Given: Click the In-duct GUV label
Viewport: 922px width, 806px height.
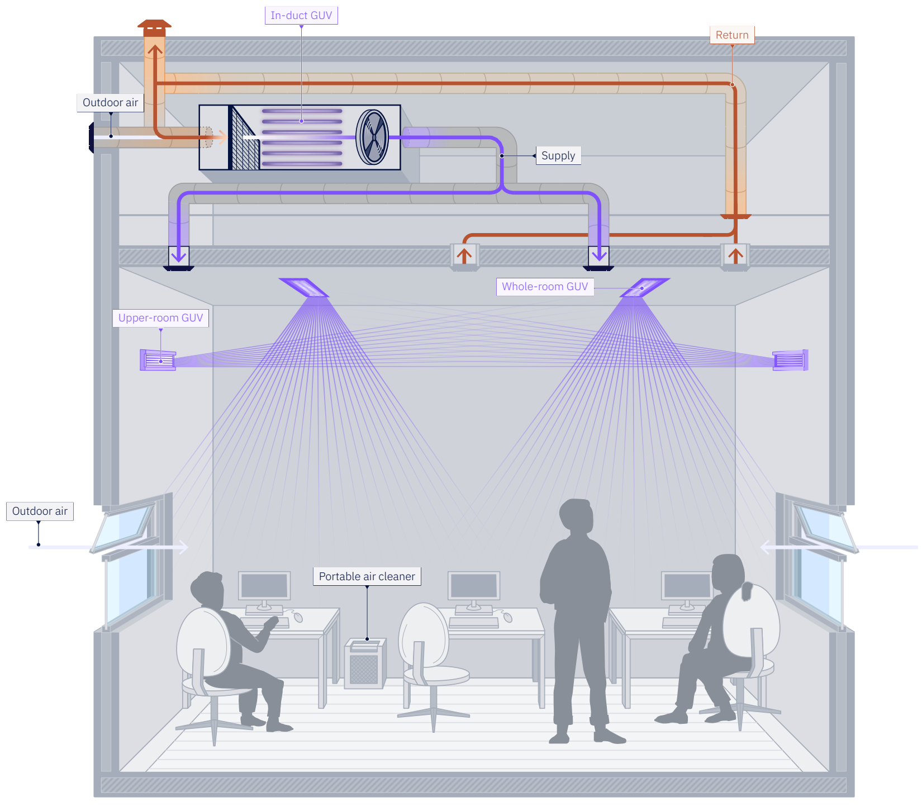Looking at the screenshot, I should coord(301,16).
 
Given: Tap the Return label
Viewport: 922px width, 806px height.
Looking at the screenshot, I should coord(731,35).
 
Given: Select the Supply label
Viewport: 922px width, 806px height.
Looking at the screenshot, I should coord(558,156).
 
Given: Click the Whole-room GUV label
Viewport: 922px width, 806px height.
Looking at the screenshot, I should coord(544,287).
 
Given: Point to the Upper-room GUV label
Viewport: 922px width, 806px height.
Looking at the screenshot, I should coord(160,318).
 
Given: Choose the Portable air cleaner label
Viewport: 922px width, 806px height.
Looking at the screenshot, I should coord(367,577).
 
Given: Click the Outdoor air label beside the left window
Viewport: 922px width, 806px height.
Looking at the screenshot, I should coord(40,511).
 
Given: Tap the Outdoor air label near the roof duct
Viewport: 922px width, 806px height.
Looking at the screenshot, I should coord(110,103).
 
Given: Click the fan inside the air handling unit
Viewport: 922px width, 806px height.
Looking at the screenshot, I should coord(372,137).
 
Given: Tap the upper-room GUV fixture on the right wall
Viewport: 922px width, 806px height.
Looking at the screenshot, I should coord(790,361).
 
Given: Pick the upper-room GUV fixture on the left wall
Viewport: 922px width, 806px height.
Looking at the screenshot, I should coord(158,361).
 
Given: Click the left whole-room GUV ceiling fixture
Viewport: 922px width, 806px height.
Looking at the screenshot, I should coord(304,287).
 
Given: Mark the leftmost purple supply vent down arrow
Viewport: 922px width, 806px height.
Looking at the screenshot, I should coord(179,255).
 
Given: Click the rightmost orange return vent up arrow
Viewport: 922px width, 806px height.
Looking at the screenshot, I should coord(735,255).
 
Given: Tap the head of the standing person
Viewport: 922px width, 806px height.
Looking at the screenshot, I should coord(576,517).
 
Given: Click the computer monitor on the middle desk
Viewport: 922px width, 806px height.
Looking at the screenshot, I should coord(473,586).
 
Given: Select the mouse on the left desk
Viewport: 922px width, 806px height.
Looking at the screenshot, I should coord(298,618).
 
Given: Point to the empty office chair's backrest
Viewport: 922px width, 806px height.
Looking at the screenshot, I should coord(423,634).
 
